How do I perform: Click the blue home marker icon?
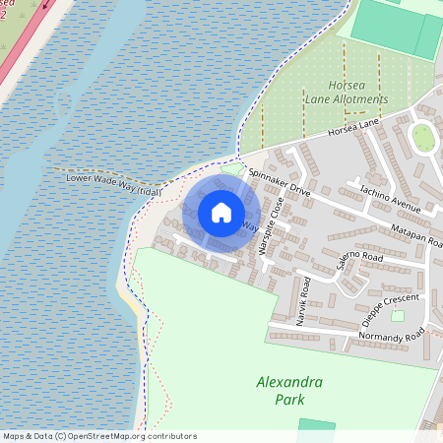coord(221,213)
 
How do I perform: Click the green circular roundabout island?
coord(423,138)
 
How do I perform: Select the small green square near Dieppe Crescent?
coord(398,316)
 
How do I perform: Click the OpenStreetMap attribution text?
coord(98,436)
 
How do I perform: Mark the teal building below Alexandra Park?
coord(316,425)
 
